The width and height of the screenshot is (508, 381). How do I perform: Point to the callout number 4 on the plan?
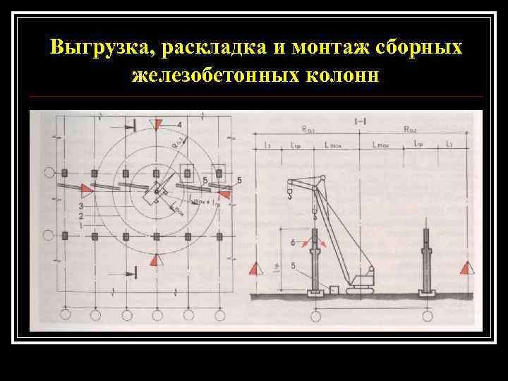click(x=179, y=125)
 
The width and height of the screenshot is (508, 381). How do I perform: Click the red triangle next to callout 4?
click(x=159, y=124)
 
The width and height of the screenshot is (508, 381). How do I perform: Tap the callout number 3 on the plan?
click(x=82, y=205)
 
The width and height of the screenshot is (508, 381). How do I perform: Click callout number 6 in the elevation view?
click(x=293, y=242)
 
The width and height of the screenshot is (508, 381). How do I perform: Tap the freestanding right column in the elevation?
click(x=429, y=258)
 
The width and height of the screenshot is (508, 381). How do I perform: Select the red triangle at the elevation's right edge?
click(x=465, y=267)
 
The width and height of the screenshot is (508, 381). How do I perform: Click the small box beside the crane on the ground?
click(x=335, y=289)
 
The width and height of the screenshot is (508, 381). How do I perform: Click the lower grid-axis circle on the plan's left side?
click(x=49, y=236)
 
